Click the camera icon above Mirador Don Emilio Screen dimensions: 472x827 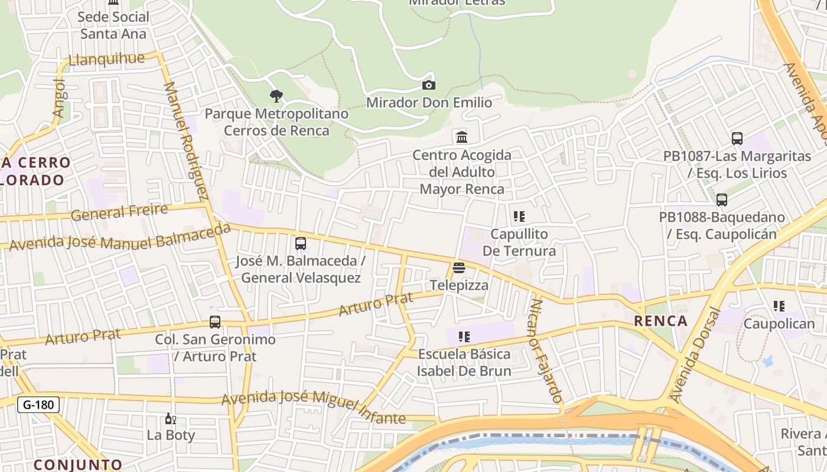click(429, 86)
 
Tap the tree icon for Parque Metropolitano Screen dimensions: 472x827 click(276, 96)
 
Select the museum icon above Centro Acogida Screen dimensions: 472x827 click(462, 137)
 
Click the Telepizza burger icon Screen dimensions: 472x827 click(459, 268)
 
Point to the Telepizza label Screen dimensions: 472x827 click(459, 286)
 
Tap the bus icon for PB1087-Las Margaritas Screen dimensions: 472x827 click(737, 139)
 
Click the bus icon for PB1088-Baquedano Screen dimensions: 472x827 click(721, 200)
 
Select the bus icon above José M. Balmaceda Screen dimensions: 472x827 click(301, 243)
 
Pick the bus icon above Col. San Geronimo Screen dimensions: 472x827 click(215, 322)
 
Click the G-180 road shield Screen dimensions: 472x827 click(38, 405)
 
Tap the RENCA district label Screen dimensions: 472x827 click(660, 321)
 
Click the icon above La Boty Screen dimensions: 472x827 click(170, 419)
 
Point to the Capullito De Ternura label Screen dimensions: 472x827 click(519, 242)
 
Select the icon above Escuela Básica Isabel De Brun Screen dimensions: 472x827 click(464, 337)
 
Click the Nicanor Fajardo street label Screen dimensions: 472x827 click(546, 350)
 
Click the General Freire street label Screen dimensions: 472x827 click(119, 212)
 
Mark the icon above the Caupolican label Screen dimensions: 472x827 click(779, 306)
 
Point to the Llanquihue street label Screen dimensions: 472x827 click(107, 59)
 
